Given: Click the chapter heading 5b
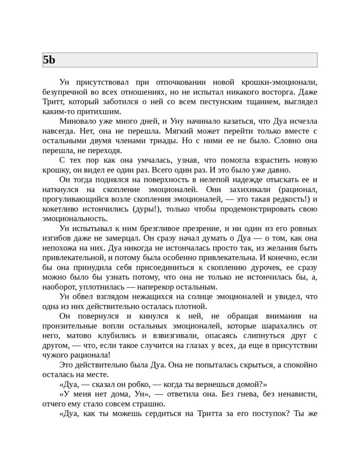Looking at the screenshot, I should click(49, 60).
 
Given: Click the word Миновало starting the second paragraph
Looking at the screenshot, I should click(77, 122).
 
